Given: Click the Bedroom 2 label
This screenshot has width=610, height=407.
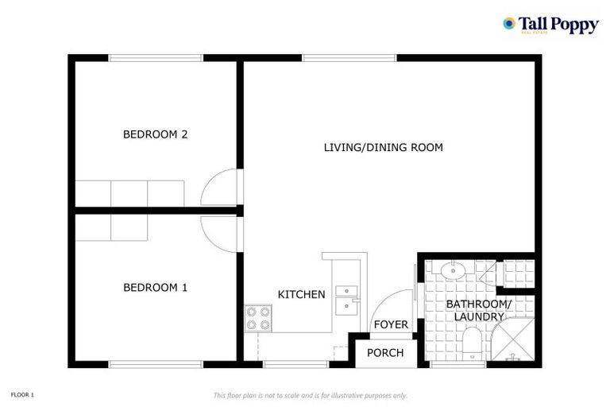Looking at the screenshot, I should [x=155, y=134].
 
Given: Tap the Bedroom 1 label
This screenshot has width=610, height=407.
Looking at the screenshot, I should [x=155, y=287].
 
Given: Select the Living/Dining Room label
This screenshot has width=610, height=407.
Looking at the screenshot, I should [x=383, y=147].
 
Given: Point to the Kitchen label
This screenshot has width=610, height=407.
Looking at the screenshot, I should [x=301, y=294].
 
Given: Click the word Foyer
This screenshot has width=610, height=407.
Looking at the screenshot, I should [x=391, y=324].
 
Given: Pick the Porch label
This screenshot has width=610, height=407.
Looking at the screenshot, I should [x=385, y=353].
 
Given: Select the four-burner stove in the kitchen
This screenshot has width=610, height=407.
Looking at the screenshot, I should [x=258, y=318].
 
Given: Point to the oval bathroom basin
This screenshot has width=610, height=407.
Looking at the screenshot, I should [x=454, y=271].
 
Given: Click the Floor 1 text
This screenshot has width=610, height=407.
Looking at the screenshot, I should [x=22, y=394].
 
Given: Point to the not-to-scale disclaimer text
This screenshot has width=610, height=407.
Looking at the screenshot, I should [x=311, y=395].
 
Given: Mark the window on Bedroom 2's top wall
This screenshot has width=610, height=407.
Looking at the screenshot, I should [x=156, y=58].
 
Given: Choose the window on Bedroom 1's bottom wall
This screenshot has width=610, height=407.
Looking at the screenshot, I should [x=156, y=364].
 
